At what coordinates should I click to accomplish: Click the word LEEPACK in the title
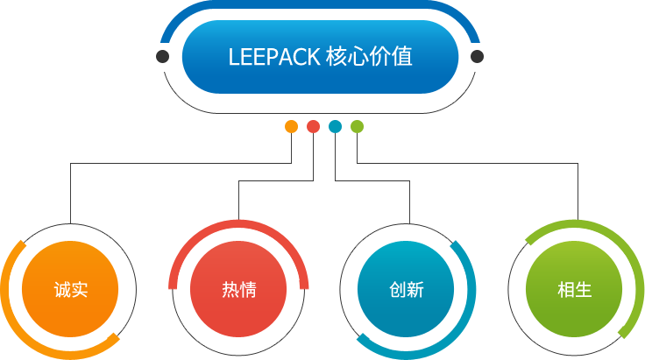coord(274,57)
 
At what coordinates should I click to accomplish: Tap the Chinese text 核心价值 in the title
coord(369,56)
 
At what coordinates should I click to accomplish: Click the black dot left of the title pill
coord(162,56)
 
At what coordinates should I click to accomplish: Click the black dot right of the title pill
coord(477,56)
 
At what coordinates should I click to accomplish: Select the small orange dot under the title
coord(291,127)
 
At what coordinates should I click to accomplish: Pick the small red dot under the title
coord(313,127)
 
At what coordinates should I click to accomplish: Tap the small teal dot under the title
coord(335,127)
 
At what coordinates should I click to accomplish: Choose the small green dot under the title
coord(357,127)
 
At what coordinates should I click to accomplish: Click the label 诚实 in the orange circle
coord(71,289)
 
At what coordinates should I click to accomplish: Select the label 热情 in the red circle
coord(239,289)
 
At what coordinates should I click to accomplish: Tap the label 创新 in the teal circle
coord(407,289)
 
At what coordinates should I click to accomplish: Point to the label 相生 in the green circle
coord(575,289)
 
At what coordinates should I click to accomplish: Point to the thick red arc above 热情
coord(238,224)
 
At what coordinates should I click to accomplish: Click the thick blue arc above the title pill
coord(320,4)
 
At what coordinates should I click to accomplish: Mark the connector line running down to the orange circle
coord(181,163)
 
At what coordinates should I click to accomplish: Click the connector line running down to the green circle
coord(467,163)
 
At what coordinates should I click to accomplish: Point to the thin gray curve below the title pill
coord(320,113)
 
